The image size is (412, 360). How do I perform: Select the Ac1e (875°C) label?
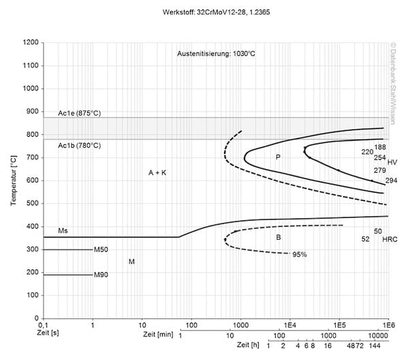79,112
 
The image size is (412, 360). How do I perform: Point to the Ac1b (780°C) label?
79,146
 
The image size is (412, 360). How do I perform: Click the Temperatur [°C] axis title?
14,180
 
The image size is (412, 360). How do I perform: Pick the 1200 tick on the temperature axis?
29,42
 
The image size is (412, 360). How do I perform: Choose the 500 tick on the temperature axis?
32,203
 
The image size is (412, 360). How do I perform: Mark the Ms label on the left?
63,231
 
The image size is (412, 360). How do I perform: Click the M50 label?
101,250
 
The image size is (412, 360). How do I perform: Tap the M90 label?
101,275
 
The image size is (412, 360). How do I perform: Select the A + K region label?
157,174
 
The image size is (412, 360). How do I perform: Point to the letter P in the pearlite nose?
278,157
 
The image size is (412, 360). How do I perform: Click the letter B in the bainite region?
278,237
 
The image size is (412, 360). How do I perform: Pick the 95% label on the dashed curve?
300,255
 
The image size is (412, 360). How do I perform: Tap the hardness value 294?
391,181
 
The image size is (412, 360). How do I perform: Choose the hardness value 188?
380,147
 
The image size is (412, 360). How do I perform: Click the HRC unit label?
390,240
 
